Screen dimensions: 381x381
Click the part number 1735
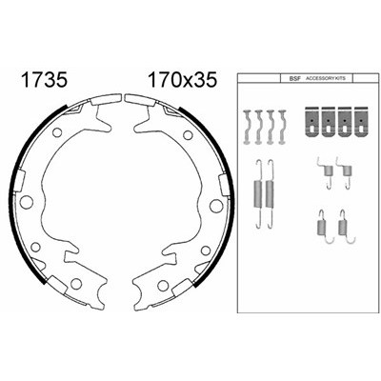(44, 80)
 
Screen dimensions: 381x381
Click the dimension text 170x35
(183, 80)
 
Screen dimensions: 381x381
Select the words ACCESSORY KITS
(325, 78)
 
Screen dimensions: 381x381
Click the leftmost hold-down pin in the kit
(248, 127)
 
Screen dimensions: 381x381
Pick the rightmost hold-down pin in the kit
(282, 127)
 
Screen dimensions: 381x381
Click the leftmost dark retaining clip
(312, 122)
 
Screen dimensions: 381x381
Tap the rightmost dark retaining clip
(361, 122)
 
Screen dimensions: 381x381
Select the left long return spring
(258, 193)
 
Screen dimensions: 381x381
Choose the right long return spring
(270, 193)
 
